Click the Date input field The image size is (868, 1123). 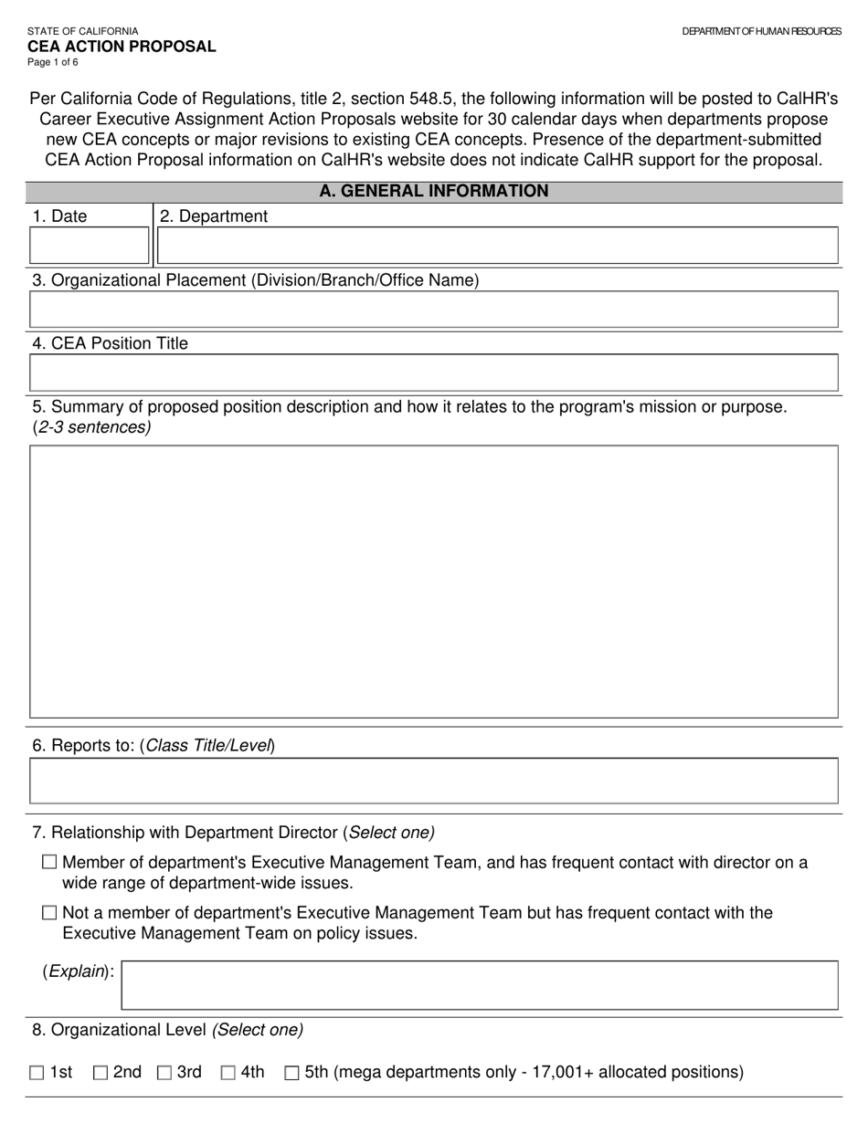coord(90,246)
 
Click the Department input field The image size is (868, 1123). coord(497,246)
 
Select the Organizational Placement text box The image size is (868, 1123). coord(434,310)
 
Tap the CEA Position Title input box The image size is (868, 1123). coord(434,373)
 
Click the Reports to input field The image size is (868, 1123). coord(434,781)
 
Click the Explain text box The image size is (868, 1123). coord(480,984)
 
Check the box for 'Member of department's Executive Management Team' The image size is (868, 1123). coord(49,862)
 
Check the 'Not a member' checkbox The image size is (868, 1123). coord(49,913)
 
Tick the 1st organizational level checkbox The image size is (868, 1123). coord(37,1073)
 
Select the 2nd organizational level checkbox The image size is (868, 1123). coord(101,1073)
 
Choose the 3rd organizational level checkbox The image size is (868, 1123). coord(164,1073)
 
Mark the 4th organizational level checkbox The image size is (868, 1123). coord(228,1073)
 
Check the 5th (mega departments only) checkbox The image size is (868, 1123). coord(292,1073)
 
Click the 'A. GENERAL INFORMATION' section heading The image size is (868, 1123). coord(434,192)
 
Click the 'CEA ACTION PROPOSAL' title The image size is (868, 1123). coord(122,47)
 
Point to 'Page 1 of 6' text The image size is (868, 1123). coord(53,63)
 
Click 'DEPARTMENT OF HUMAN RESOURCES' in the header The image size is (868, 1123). coord(761,31)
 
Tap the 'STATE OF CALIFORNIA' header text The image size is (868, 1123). coord(83,31)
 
